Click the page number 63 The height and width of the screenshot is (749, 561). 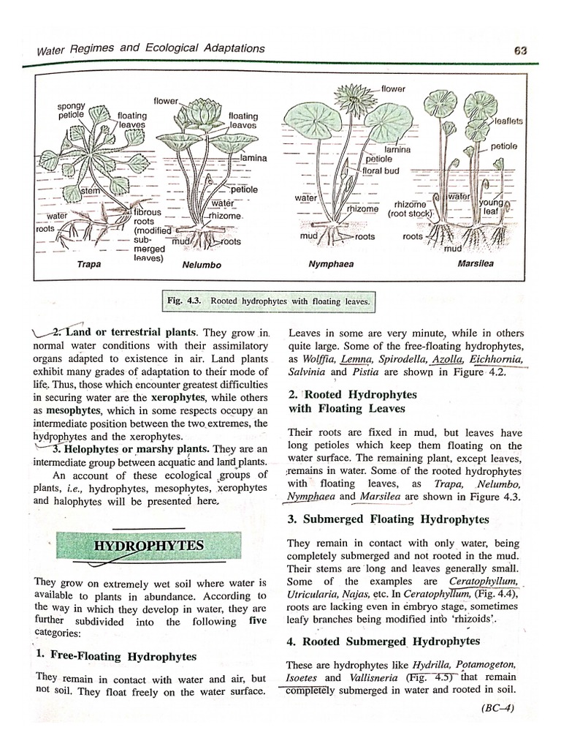[520, 50]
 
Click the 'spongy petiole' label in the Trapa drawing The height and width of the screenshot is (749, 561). [72, 110]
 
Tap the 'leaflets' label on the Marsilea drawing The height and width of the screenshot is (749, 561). [508, 121]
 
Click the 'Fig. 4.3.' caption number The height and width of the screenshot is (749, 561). [187, 301]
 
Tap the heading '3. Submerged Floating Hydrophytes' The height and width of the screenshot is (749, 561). [388, 519]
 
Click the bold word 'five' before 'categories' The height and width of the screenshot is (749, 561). [258, 621]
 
